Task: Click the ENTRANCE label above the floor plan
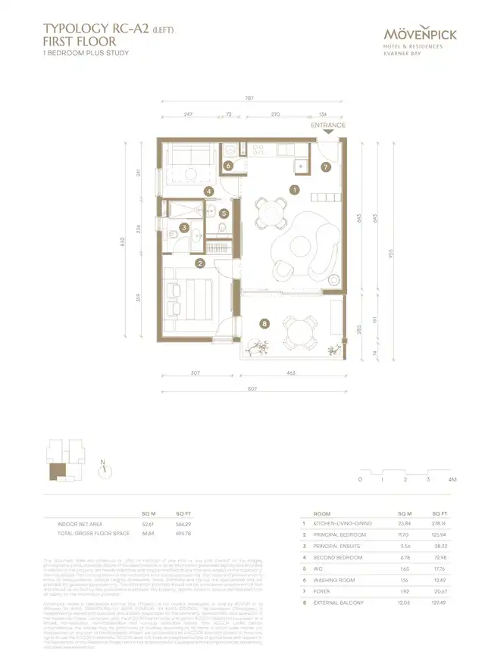[x=328, y=126]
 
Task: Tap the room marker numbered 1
[x=294, y=190]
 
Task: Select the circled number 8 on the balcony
[x=264, y=324]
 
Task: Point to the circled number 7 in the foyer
[x=324, y=167]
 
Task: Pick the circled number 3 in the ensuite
[x=184, y=227]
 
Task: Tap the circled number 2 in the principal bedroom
[x=200, y=263]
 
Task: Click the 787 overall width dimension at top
[x=249, y=98]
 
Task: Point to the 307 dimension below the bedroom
[x=195, y=374]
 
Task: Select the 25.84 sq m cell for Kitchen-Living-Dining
[x=405, y=523]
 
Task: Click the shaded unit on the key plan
[x=58, y=472]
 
